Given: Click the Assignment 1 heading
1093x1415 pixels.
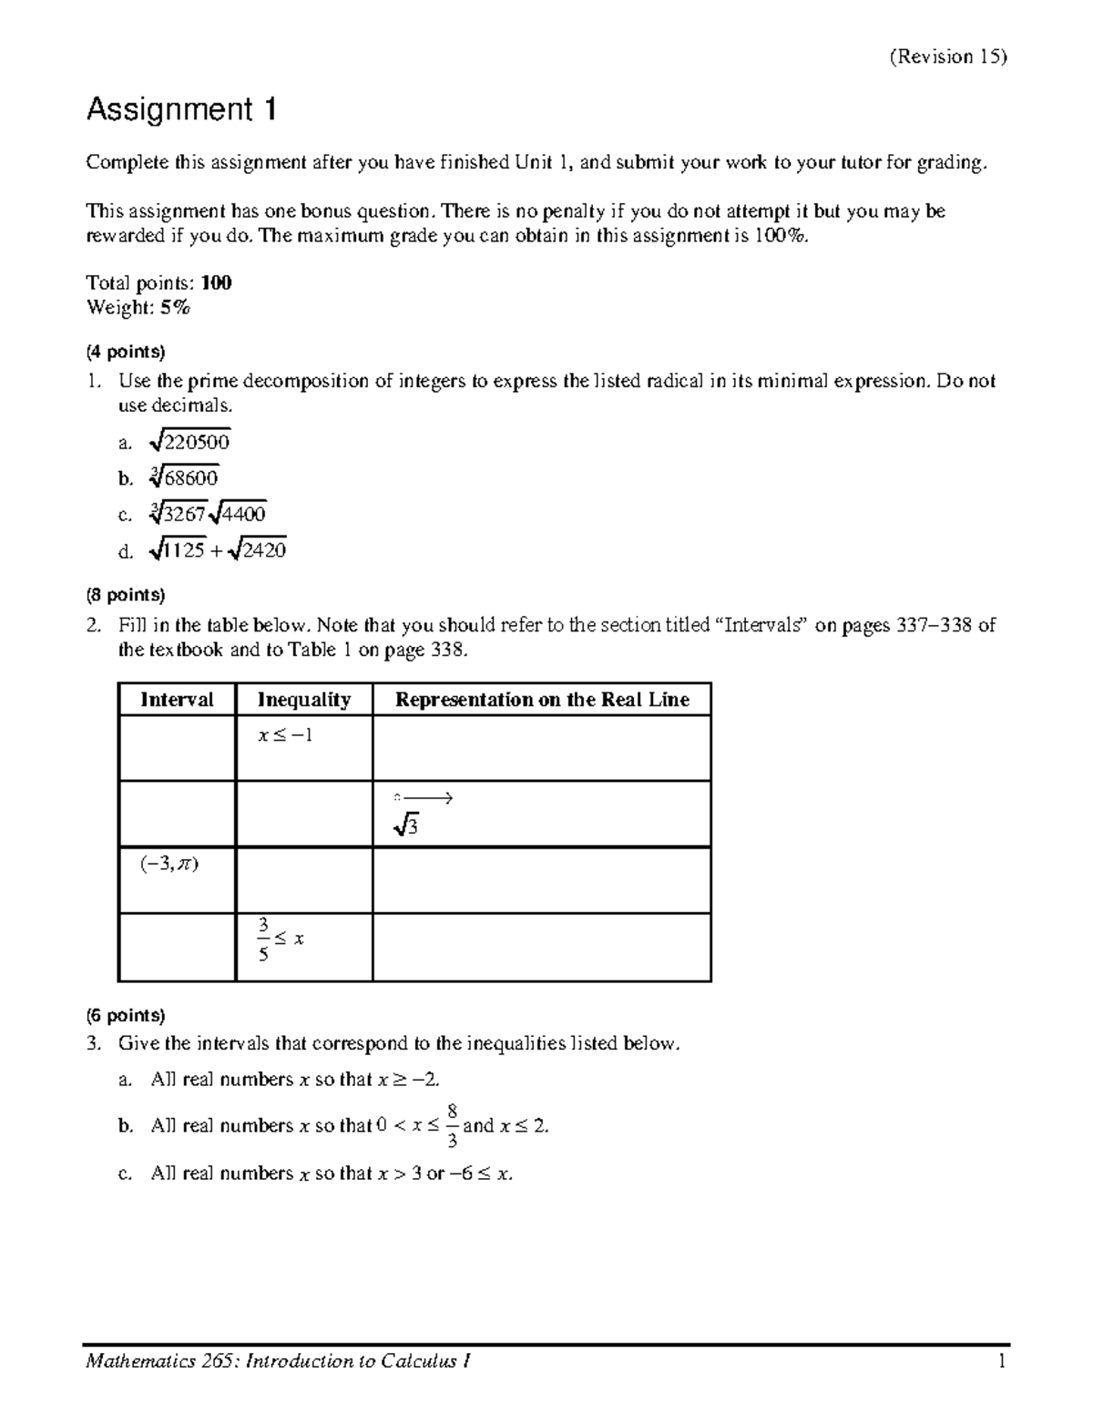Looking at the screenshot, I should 180,110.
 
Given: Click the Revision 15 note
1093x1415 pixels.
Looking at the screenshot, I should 948,56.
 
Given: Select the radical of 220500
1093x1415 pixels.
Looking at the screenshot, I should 189,442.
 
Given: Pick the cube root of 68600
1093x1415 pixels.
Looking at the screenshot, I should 183,477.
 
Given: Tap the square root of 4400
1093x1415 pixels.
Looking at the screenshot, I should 238,514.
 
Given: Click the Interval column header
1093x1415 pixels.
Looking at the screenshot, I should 177,700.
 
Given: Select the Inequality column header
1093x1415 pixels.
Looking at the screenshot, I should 303,700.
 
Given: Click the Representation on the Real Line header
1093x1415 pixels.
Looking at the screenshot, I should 541,700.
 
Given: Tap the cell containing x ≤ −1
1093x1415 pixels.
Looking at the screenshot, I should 285,735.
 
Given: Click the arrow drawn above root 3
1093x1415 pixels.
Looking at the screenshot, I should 424,799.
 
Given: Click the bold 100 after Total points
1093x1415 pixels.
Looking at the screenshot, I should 216,283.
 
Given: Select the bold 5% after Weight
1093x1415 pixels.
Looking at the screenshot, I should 175,308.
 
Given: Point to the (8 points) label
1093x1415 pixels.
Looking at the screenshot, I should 126,595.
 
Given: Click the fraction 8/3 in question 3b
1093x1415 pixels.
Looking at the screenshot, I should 452,1125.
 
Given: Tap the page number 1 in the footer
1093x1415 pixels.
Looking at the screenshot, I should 1001,1361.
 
